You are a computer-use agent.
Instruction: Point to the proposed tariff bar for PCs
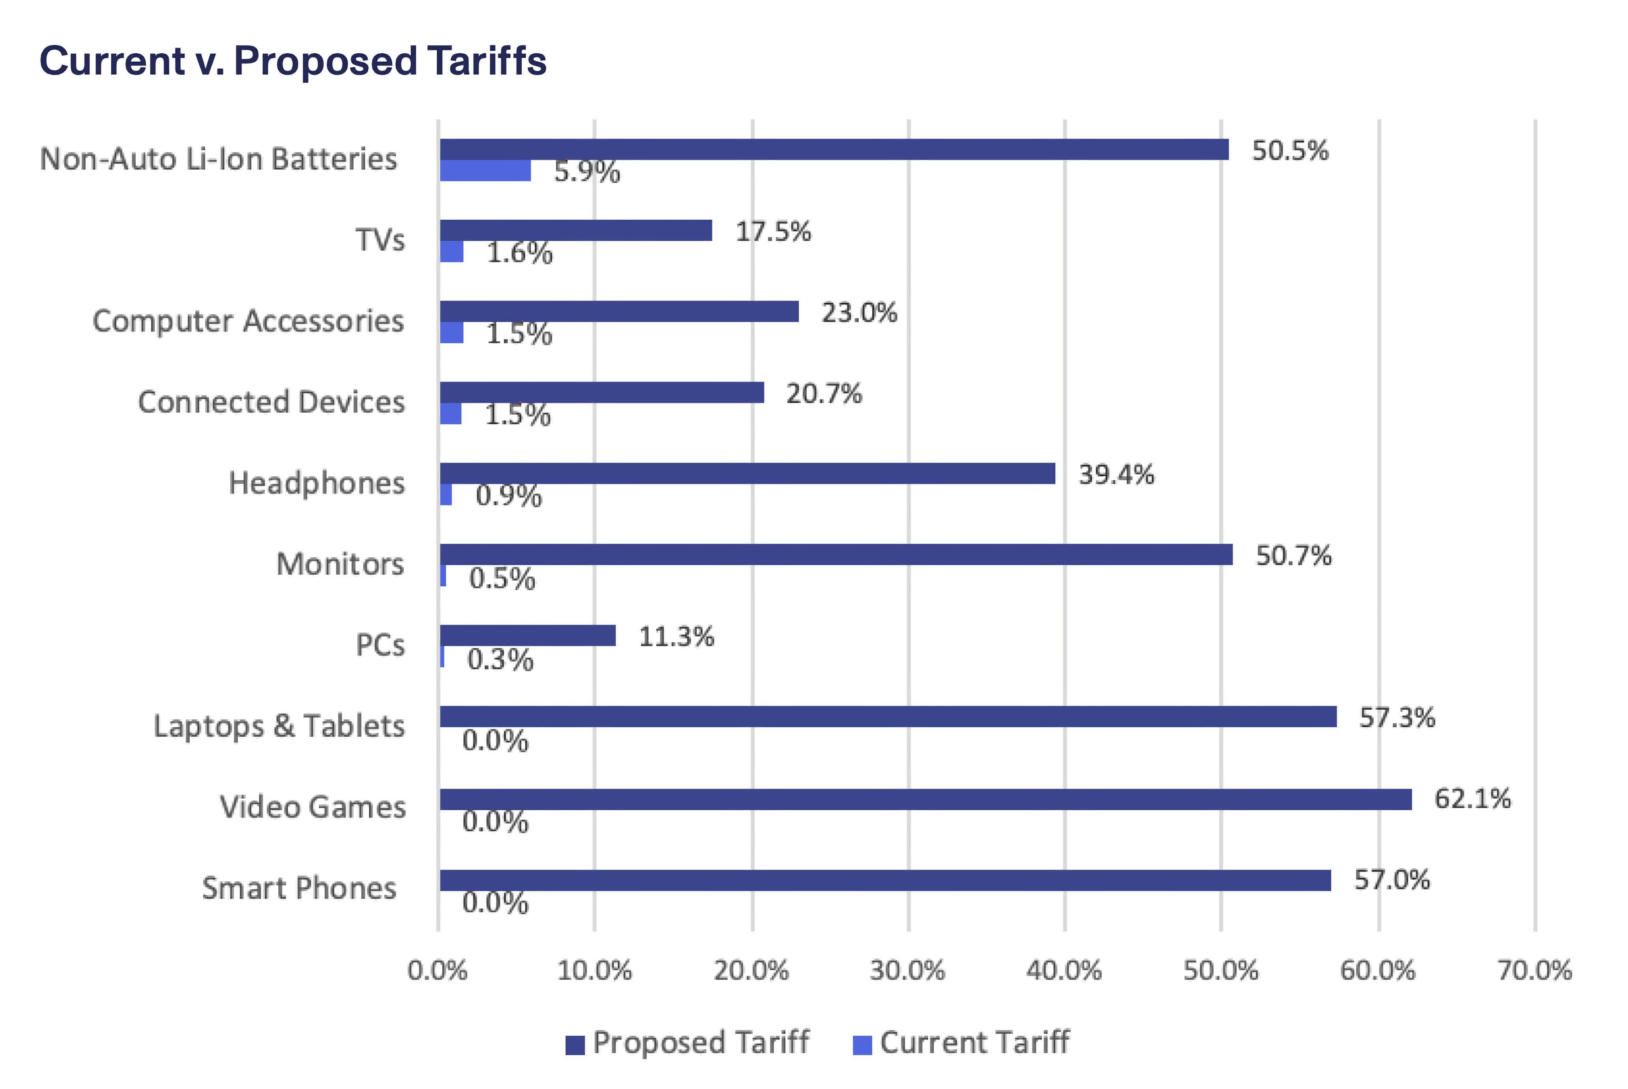[528, 636]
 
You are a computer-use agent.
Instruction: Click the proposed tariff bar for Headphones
[747, 473]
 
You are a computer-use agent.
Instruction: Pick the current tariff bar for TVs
[451, 251]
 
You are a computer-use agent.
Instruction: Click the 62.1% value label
[1473, 799]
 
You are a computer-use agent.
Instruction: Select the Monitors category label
[340, 564]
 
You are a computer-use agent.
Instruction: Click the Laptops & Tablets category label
[279, 726]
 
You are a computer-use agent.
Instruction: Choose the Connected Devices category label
[271, 402]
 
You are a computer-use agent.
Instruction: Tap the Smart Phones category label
[299, 888]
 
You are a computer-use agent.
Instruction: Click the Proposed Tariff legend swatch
[575, 1044]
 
